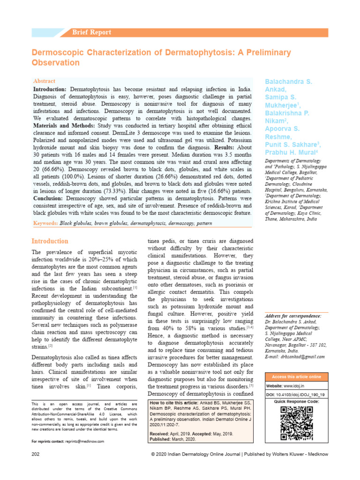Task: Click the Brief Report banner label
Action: coord(91,32)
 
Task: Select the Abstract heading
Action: coord(44,81)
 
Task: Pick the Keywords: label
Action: coord(45,223)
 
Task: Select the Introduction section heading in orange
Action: coord(50,241)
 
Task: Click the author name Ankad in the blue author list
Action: coord(276,89)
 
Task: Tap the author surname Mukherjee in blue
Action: coord(284,106)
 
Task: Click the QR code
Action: coord(296,423)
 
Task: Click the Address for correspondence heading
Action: coord(293,316)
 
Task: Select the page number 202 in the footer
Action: coord(36,455)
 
